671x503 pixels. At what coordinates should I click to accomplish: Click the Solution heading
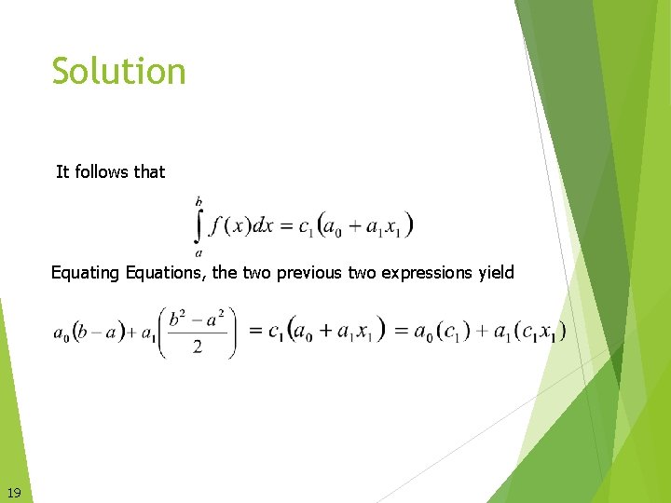pyautogui.click(x=118, y=72)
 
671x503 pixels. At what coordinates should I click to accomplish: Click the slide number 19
pyautogui.click(x=14, y=492)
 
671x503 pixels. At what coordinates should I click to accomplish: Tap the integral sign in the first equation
pyautogui.click(x=199, y=225)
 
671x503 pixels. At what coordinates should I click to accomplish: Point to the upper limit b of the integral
pyautogui.click(x=199, y=200)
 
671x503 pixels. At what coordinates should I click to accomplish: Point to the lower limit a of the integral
pyautogui.click(x=199, y=252)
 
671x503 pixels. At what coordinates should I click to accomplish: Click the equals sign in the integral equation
pyautogui.click(x=286, y=226)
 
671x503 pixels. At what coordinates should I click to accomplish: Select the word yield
pyautogui.click(x=496, y=273)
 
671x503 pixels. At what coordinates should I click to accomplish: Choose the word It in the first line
pyautogui.click(x=62, y=171)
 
